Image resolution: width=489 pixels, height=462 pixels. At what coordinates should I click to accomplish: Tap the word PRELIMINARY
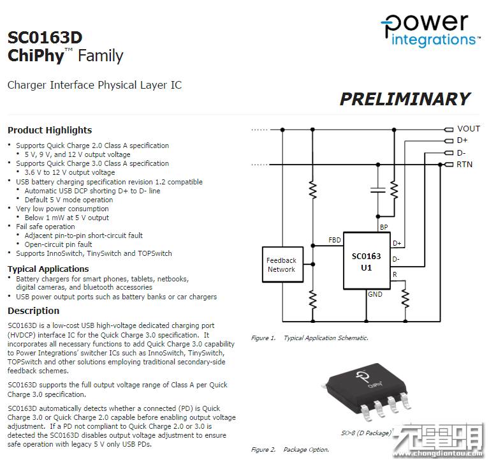coord(404,99)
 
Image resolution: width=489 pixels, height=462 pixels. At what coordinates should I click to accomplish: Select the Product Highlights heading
coord(50,130)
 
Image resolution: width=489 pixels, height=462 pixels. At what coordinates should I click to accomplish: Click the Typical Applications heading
coord(48,269)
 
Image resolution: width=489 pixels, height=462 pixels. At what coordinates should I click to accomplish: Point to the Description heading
coord(33,311)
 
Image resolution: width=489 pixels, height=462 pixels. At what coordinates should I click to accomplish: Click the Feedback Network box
coord(281,265)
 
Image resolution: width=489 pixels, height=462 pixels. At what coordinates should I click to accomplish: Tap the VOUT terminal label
coord(469,128)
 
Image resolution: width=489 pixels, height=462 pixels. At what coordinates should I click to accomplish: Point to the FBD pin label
coord(334,240)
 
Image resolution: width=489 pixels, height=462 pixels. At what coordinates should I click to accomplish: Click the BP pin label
coord(383,227)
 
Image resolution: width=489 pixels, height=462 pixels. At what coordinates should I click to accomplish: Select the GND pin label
coord(375,294)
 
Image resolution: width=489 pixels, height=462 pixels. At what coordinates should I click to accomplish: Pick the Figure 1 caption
coord(309,338)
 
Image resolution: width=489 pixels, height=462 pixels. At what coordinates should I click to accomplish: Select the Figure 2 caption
coord(289,449)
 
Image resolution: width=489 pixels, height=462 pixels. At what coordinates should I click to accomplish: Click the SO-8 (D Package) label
coord(365,433)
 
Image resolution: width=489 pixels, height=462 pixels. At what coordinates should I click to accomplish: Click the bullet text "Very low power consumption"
coord(62,209)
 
